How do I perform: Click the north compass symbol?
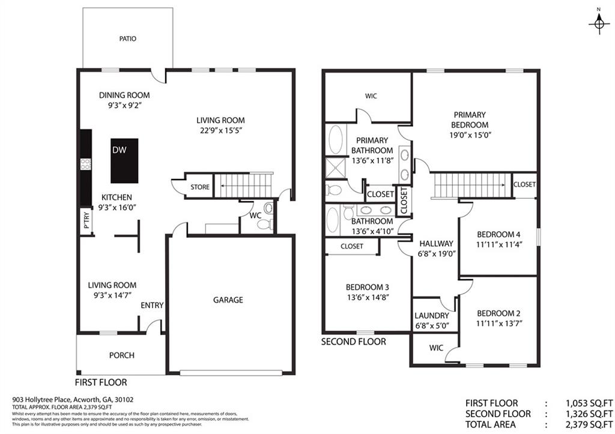(x=598, y=22)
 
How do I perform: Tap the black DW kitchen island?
(x=124, y=160)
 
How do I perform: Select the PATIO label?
(x=128, y=38)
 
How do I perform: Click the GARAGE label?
(x=228, y=300)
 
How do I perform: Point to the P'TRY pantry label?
(x=86, y=222)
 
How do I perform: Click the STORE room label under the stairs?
(x=200, y=187)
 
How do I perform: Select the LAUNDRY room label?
(x=432, y=316)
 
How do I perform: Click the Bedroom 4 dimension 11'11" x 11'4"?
(x=498, y=244)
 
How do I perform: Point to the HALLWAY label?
(x=437, y=243)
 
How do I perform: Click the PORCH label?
(x=121, y=355)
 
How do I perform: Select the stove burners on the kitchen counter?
(x=86, y=164)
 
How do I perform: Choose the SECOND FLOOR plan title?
(x=354, y=342)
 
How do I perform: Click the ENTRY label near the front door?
(x=152, y=306)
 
